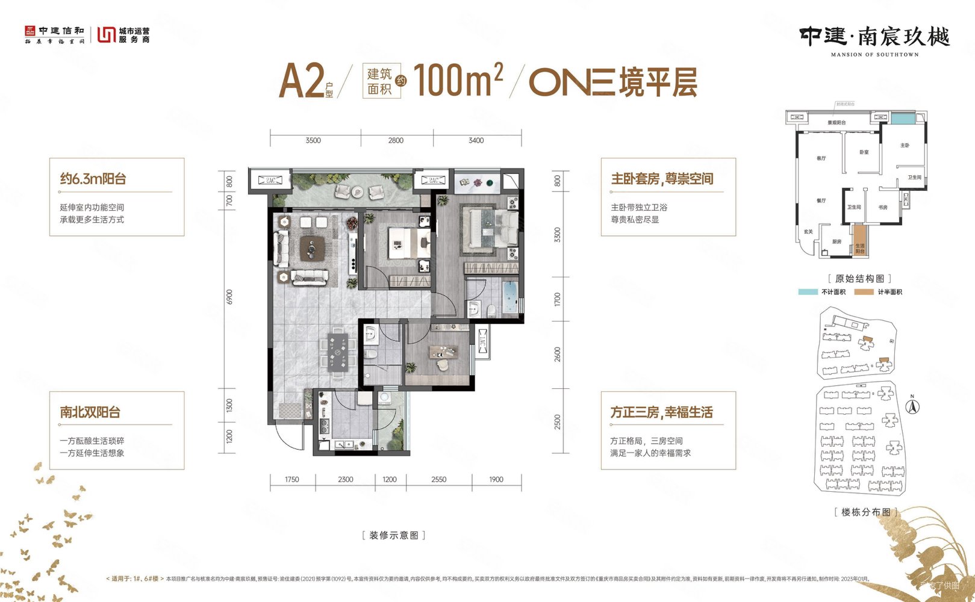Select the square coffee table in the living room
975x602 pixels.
point(312,247)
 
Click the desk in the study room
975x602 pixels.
point(444,352)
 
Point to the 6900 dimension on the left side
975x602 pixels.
point(229,297)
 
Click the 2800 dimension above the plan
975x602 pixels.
point(396,140)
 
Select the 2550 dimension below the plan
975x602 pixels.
point(438,480)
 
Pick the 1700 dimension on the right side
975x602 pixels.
point(558,299)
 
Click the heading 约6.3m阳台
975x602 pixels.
point(93,179)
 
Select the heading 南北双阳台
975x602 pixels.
point(90,412)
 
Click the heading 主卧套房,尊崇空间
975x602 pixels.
point(662,179)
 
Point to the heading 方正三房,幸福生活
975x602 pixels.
point(661,412)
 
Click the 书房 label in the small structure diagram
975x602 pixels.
point(882,207)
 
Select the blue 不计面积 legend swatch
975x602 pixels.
point(807,292)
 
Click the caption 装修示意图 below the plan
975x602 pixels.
point(393,535)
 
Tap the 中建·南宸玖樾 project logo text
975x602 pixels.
point(874,37)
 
